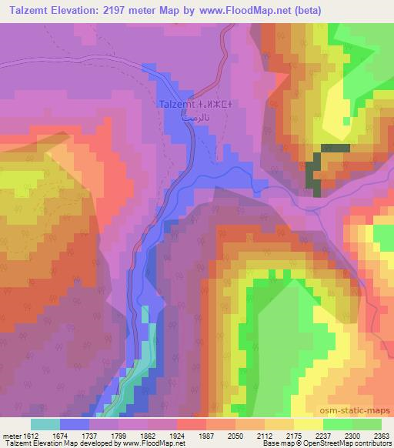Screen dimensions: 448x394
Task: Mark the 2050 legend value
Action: point(235,435)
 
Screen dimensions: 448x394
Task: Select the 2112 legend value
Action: point(265,435)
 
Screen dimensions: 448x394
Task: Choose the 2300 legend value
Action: point(352,435)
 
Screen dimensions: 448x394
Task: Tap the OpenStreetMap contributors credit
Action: point(356,443)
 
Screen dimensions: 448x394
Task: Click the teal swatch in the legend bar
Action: point(45,424)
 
